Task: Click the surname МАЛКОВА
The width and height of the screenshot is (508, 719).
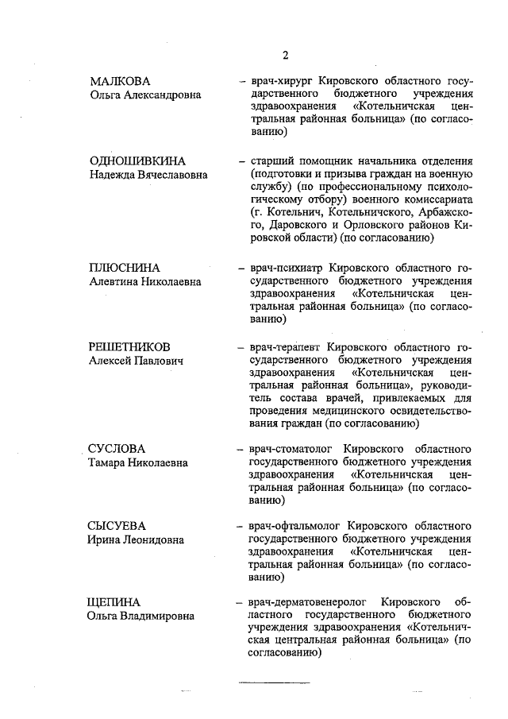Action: coord(119,81)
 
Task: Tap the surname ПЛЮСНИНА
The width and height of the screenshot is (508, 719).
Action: coord(125,267)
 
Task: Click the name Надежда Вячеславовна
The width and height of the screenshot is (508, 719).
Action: coord(148,174)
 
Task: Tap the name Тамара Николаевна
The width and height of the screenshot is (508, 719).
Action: coord(138,463)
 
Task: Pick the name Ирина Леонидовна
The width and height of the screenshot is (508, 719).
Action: coord(136,540)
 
